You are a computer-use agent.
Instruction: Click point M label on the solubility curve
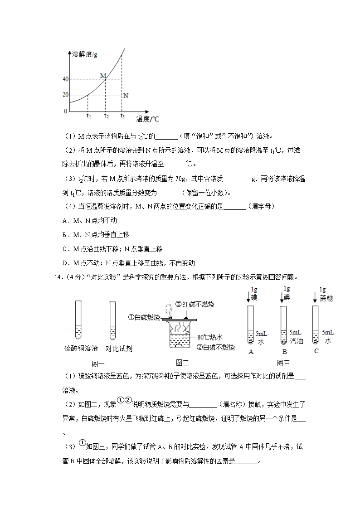(x=103, y=75)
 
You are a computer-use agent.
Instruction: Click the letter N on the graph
(x=126, y=96)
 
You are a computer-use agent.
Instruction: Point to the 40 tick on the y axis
(x=65, y=79)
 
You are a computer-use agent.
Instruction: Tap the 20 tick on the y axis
(x=65, y=95)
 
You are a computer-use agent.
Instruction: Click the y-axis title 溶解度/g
(x=85, y=54)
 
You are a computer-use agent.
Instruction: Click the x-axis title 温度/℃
(x=148, y=119)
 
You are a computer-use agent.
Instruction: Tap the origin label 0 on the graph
(x=65, y=111)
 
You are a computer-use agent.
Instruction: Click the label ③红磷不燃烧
(x=195, y=304)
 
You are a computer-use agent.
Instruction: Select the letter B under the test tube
(x=284, y=351)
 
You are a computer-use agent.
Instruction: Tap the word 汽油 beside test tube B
(x=297, y=340)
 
